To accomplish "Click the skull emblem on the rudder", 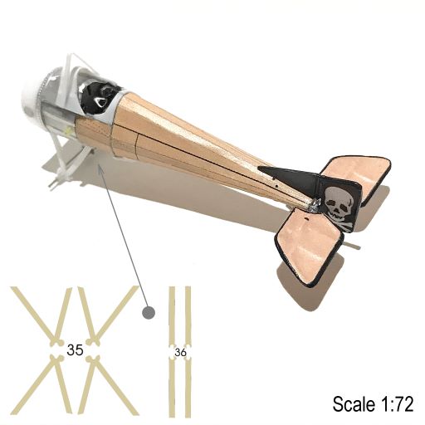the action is click(338, 203).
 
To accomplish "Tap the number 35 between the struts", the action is click(75, 350).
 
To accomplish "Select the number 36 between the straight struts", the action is click(180, 353).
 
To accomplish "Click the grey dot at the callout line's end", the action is click(149, 313).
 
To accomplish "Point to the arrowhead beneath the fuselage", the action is click(101, 169).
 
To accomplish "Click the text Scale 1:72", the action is click(373, 404).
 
